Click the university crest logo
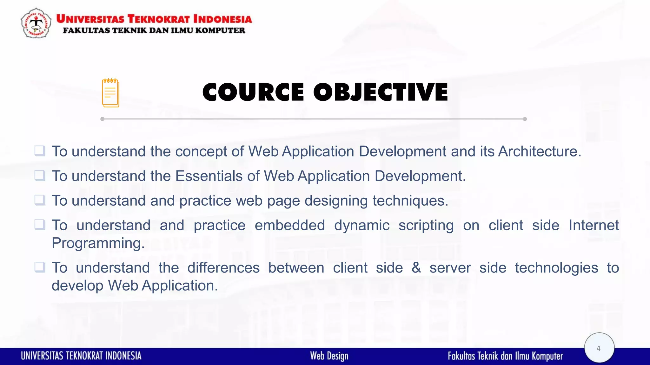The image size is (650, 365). [x=36, y=23]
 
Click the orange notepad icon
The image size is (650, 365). [x=110, y=93]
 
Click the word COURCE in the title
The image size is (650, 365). [x=253, y=93]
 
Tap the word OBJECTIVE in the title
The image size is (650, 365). [x=381, y=93]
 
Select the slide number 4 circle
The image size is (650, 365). [x=599, y=348]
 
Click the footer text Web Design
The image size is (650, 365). [x=329, y=356]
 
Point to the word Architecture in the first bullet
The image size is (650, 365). [x=539, y=151]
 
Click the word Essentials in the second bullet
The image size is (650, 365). [x=209, y=176]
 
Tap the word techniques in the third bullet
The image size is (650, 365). [x=410, y=201]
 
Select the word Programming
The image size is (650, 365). [x=98, y=243]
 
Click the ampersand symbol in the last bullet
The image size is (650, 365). [x=416, y=268]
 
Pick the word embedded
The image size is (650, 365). [x=289, y=225]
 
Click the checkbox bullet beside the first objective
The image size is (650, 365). [x=40, y=151]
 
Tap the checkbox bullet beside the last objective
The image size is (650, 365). [x=40, y=267]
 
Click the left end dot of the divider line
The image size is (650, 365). [x=102, y=119]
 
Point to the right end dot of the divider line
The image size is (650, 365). [x=525, y=119]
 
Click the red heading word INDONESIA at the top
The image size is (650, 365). [x=222, y=19]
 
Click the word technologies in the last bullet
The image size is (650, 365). [x=556, y=268]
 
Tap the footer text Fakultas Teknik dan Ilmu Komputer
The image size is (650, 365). [x=505, y=356]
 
